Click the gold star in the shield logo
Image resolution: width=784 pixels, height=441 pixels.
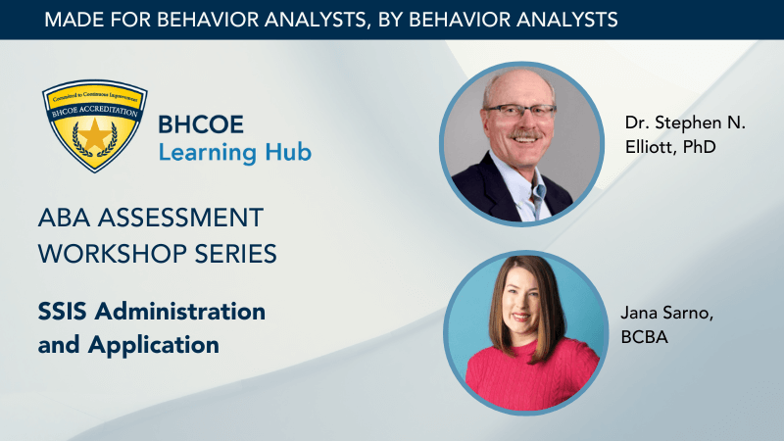(94, 134)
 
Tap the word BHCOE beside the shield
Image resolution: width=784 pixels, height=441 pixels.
(201, 124)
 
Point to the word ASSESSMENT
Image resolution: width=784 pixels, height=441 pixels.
(180, 218)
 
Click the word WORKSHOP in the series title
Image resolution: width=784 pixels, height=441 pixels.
(113, 254)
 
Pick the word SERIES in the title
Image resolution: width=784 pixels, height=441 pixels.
(235, 254)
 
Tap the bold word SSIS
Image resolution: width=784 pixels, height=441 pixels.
(63, 312)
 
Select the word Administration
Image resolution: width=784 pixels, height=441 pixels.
(180, 312)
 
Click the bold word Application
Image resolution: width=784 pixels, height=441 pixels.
(154, 346)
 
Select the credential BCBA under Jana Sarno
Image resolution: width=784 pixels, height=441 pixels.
(645, 337)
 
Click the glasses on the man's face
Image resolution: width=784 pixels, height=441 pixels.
(520, 111)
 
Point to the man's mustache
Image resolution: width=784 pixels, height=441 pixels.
(524, 134)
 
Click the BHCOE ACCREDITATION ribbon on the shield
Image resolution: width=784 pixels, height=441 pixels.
(94, 110)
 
